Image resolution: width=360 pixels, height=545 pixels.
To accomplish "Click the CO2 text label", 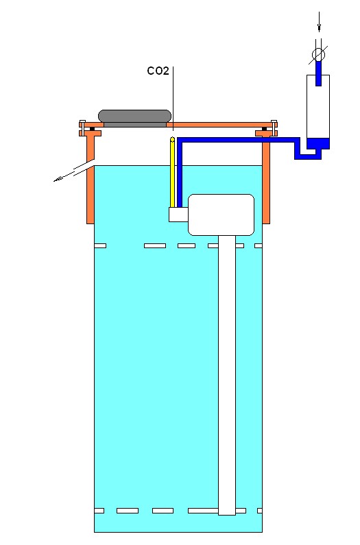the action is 158,71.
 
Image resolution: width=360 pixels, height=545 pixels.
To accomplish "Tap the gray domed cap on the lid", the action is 135,116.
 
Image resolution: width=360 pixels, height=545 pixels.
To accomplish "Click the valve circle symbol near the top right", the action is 318,55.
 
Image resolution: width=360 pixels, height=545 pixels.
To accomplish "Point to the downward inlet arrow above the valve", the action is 319,21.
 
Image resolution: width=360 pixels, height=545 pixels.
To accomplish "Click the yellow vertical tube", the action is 172,172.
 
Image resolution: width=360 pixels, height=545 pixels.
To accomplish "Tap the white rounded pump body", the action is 221,215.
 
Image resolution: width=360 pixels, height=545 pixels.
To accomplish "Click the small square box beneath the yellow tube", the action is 178,215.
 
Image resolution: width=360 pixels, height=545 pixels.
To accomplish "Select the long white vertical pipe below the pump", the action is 227,376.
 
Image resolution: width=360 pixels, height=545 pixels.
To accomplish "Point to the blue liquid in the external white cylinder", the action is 318,143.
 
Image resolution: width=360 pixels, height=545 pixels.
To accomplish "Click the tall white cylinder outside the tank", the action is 318,112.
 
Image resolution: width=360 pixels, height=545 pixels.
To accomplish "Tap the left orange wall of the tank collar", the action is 91,181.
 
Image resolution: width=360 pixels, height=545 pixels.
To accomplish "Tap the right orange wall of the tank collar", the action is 266,181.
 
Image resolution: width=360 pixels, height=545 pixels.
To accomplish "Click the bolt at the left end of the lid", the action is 82,128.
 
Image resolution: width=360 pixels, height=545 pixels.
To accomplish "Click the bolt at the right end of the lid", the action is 274,128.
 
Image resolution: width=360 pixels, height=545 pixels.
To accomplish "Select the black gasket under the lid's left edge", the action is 93,130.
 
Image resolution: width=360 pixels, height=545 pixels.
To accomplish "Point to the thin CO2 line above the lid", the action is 173,98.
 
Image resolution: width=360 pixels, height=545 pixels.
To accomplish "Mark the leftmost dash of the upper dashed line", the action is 100,245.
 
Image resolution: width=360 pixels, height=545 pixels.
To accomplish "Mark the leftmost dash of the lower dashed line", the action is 99,511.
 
